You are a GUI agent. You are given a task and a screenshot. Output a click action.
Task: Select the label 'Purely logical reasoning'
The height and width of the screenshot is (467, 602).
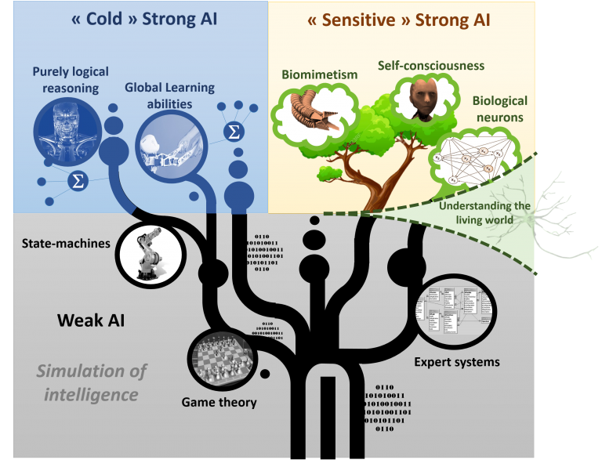click(x=66, y=79)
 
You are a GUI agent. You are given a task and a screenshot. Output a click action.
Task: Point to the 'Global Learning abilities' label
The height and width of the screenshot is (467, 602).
click(x=170, y=95)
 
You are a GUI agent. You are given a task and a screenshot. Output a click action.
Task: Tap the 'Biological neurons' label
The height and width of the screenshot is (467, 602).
click(x=500, y=109)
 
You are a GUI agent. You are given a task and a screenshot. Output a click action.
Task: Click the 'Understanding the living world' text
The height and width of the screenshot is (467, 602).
click(x=484, y=212)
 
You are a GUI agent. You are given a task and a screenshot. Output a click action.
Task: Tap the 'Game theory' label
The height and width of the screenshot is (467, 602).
click(x=219, y=403)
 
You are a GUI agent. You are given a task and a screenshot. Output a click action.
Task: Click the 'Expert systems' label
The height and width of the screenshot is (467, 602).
click(x=457, y=363)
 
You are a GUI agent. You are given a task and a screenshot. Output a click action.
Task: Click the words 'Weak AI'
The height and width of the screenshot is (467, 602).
click(x=91, y=320)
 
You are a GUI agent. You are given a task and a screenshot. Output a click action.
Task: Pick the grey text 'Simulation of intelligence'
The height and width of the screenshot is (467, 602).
click(x=92, y=382)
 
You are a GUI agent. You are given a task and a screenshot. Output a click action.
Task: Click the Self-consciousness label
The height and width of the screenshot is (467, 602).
click(x=431, y=65)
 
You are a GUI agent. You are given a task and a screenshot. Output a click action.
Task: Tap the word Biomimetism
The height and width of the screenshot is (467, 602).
click(x=319, y=74)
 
